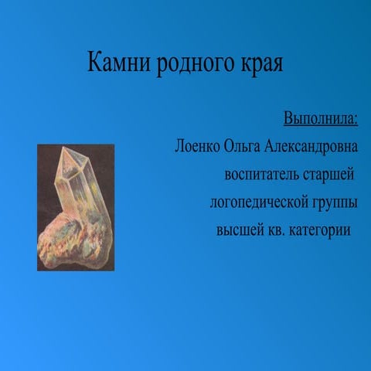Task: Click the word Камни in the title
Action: pyautogui.click(x=119, y=62)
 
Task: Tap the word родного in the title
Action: pyautogui.click(x=196, y=64)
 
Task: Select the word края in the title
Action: pyautogui.click(x=262, y=64)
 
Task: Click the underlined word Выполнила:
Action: pyautogui.click(x=321, y=118)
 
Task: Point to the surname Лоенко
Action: pyautogui.click(x=197, y=146)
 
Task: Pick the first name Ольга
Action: pyautogui.click(x=242, y=147)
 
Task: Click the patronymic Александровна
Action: pyautogui.click(x=311, y=147)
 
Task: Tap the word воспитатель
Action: pyautogui.click(x=262, y=175)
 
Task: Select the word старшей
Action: pyautogui.click(x=328, y=175)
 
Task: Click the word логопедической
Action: pyautogui.click(x=259, y=203)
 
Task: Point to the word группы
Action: pyautogui.click(x=335, y=203)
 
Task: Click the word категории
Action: pyautogui.click(x=320, y=230)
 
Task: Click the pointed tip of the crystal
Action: pyautogui.click(x=63, y=148)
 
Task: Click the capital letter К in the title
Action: pyautogui.click(x=94, y=62)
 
